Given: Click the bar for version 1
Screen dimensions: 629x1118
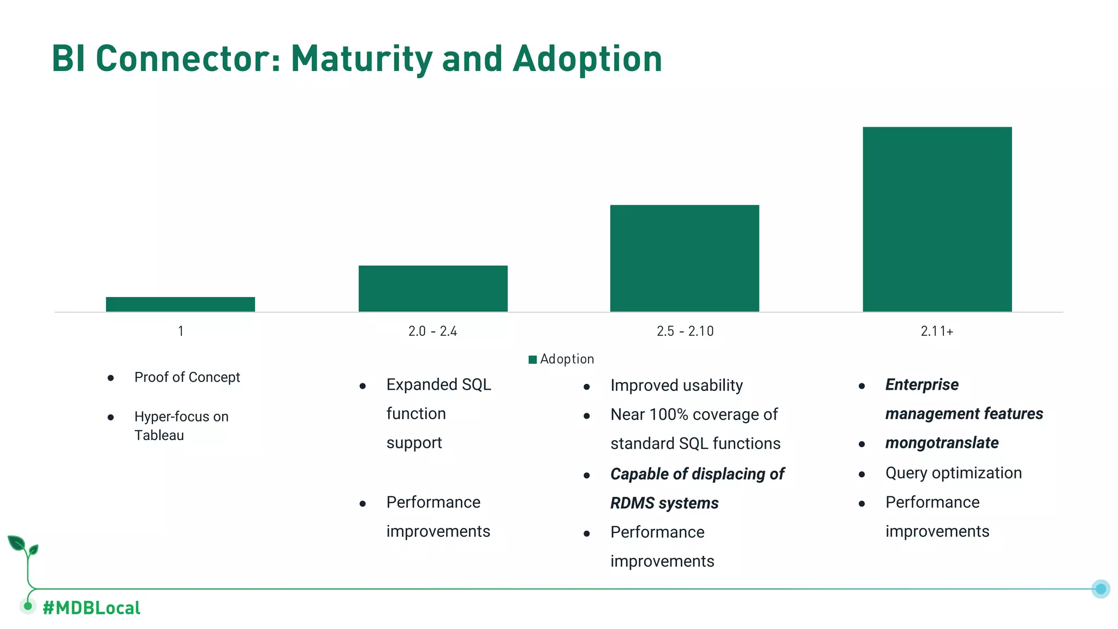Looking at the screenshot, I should (x=180, y=304).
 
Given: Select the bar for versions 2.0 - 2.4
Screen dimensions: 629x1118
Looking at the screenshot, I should (x=433, y=288).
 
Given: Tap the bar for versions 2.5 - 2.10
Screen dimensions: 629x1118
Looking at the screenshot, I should (x=685, y=258).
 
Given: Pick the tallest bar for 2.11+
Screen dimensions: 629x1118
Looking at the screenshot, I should (x=937, y=219).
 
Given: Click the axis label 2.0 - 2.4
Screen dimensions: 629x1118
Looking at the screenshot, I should (x=432, y=331).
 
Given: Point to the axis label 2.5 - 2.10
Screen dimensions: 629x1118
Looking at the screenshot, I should (x=685, y=331).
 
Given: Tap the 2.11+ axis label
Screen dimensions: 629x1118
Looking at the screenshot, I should (x=937, y=331).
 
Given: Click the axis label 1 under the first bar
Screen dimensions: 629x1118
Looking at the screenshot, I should (x=181, y=331).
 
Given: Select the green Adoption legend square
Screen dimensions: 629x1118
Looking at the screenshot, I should (x=533, y=359).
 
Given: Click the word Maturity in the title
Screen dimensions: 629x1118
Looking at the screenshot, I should (x=361, y=58).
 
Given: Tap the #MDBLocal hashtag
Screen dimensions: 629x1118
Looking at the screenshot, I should (x=91, y=608).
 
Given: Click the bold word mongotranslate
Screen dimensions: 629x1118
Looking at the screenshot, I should (x=942, y=443).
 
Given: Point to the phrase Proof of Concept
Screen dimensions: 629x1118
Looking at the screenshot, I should (x=187, y=377).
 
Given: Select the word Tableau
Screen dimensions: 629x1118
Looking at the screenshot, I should (x=159, y=435).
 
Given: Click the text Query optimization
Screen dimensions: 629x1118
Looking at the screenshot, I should (x=953, y=473).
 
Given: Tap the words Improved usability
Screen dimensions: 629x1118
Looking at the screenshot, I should (x=676, y=385).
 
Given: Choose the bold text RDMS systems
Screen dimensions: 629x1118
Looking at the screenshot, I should (x=664, y=503).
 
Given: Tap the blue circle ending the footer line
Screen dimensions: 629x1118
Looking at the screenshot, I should (x=1101, y=589).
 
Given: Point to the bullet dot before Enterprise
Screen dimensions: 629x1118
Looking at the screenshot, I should (x=861, y=386).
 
